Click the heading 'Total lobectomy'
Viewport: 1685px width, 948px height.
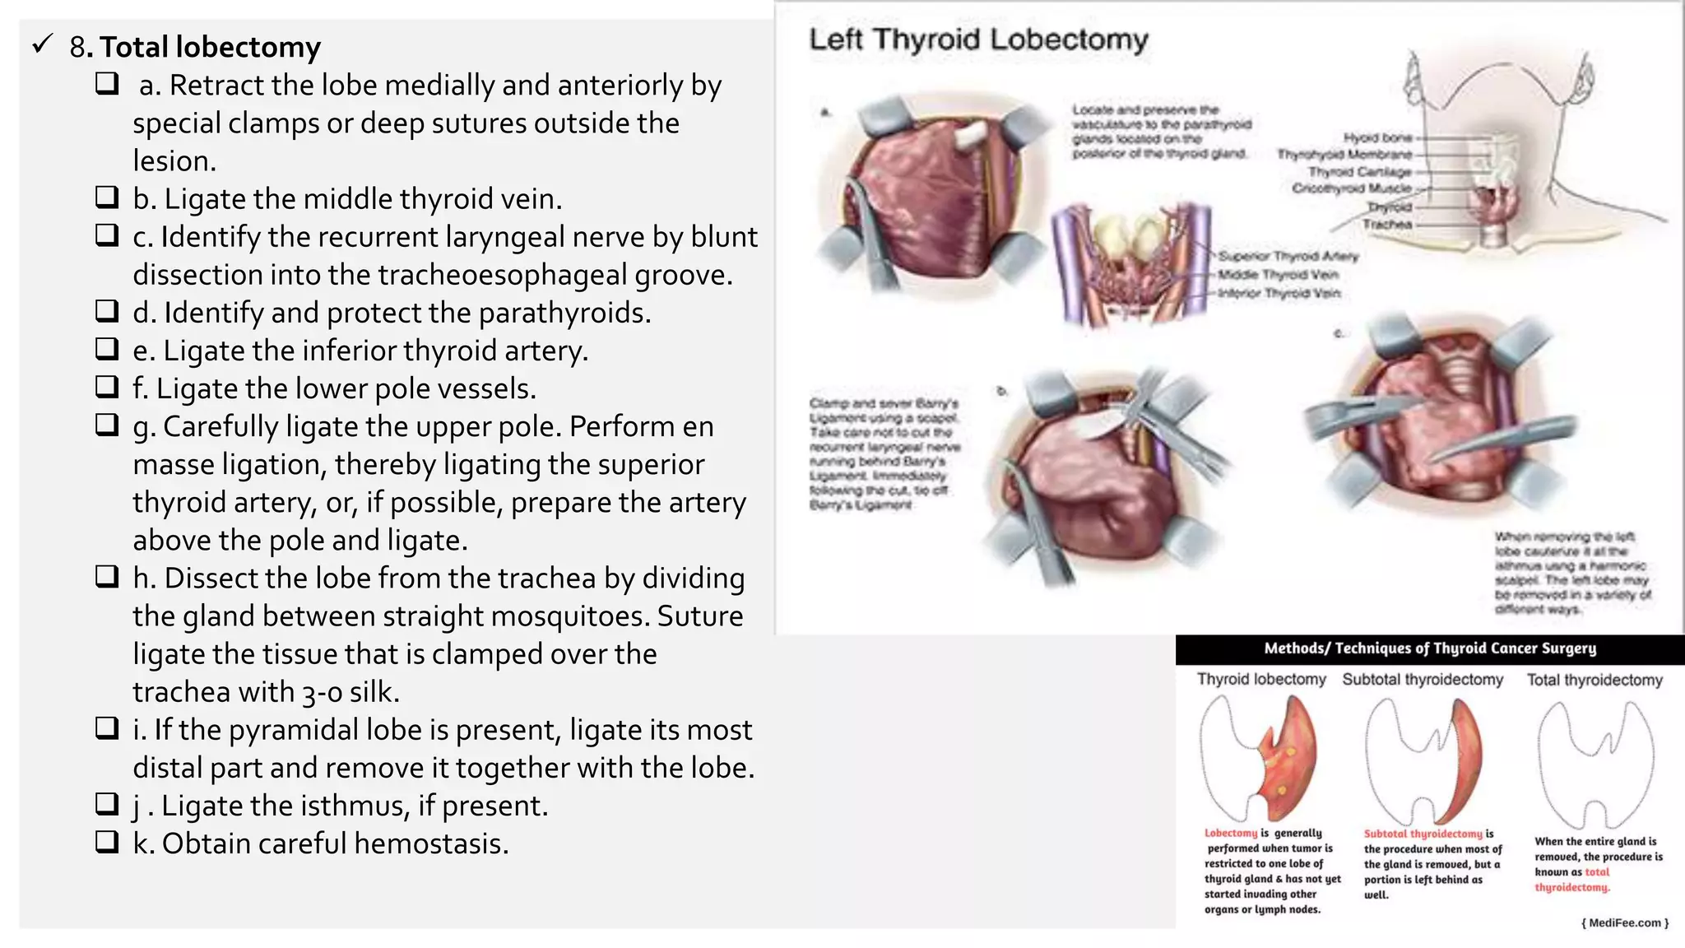click(210, 48)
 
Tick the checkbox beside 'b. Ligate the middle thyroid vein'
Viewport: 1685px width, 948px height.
click(107, 197)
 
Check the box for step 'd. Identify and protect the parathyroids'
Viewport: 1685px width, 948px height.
click(107, 311)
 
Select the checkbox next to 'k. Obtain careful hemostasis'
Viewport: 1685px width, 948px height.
click(107, 842)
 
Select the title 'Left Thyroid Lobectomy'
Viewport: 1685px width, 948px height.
click(978, 39)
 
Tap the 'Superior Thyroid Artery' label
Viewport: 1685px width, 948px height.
click(1288, 256)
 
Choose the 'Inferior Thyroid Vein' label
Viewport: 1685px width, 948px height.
click(1279, 293)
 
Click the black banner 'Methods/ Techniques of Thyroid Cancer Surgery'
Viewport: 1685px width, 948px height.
click(1430, 648)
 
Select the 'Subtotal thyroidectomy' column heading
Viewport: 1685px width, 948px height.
click(1423, 680)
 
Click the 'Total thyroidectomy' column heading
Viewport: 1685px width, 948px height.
click(1594, 680)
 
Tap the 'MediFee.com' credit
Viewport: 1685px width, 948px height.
click(1625, 922)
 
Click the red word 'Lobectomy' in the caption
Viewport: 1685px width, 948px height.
click(1230, 834)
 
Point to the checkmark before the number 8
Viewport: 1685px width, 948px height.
click(43, 44)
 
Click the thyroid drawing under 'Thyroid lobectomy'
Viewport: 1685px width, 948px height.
click(1259, 757)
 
